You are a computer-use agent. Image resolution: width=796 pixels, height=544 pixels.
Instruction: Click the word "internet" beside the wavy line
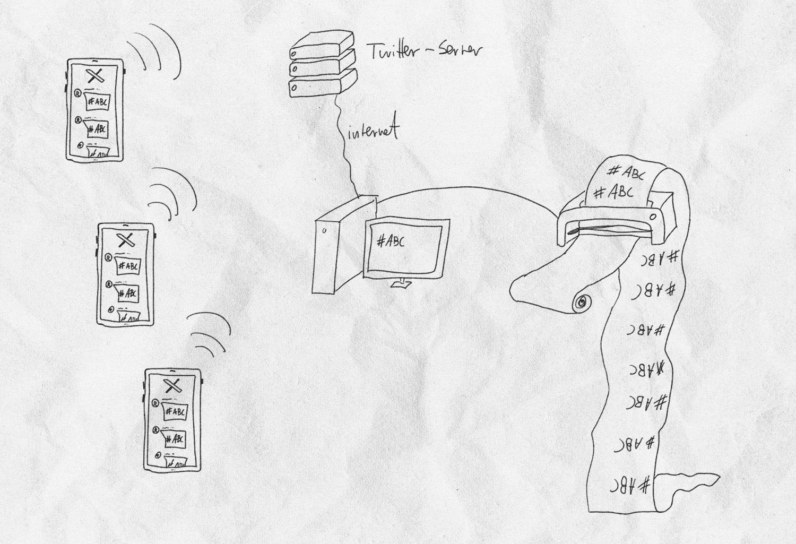click(373, 131)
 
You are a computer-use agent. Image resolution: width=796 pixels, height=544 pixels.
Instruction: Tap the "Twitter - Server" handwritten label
click(425, 51)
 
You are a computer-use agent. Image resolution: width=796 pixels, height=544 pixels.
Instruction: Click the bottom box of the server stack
click(321, 85)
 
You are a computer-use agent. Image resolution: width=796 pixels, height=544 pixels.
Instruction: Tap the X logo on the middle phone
click(126, 240)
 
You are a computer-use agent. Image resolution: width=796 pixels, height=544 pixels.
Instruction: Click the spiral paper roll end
click(582, 302)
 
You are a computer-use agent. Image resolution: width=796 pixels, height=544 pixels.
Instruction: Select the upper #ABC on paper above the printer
click(626, 172)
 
